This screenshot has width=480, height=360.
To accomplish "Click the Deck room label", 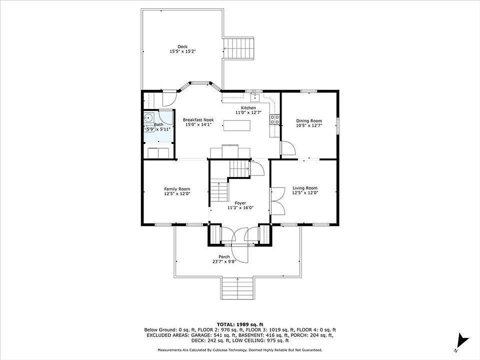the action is [182, 47].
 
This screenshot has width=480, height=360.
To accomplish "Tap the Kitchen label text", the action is [248, 108].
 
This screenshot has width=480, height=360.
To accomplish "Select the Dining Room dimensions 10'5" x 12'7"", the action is [309, 125].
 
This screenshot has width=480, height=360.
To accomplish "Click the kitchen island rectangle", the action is [236, 125].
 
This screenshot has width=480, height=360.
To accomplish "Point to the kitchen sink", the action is [254, 98].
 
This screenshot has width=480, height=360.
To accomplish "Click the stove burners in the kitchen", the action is [274, 119].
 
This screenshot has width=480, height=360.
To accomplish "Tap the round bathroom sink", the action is [149, 117].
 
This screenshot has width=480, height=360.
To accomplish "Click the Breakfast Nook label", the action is [198, 120].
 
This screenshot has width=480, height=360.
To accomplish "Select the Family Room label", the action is [177, 189].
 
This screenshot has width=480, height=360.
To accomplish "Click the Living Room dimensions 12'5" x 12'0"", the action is [305, 193].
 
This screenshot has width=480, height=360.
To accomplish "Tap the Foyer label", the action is [240, 203].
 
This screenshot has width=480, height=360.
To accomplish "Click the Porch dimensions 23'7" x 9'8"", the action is [224, 261].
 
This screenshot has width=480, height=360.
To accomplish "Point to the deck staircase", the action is [239, 48].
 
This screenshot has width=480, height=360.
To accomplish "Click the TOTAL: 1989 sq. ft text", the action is [240, 324].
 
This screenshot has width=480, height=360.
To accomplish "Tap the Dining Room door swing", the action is [288, 148].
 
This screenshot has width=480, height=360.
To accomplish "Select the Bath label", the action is [158, 124].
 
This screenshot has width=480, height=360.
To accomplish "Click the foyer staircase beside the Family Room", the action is [219, 191].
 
